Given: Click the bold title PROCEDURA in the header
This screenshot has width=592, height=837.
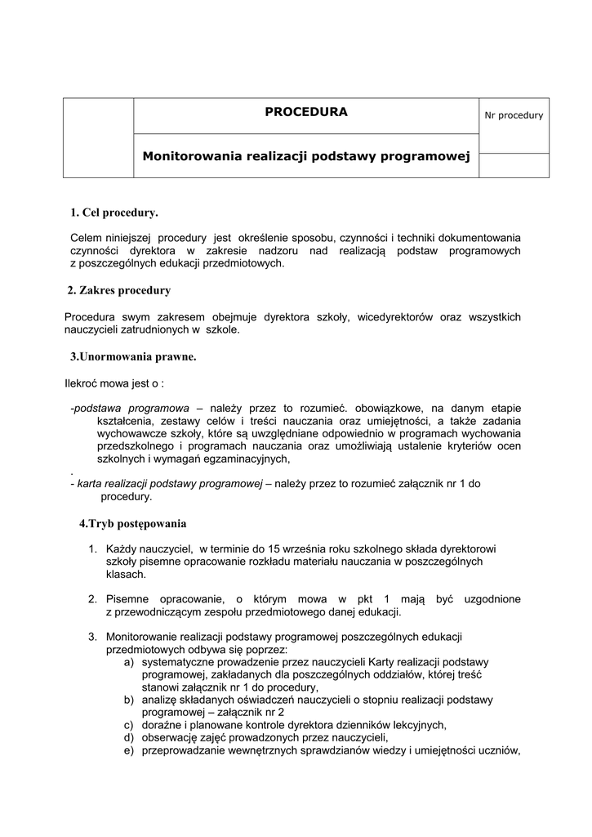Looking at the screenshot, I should click(x=306, y=112).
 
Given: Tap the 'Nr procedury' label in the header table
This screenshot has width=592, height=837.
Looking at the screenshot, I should click(x=514, y=116).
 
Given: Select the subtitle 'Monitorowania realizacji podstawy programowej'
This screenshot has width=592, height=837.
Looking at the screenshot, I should click(x=306, y=155).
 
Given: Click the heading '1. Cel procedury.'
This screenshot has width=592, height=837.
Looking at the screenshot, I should click(x=114, y=213).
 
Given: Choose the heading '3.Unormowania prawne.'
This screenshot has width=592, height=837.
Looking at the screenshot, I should click(x=133, y=356).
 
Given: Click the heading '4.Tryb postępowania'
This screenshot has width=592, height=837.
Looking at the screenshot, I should click(x=133, y=523).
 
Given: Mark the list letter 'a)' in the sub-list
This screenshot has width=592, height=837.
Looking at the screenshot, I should click(x=130, y=662).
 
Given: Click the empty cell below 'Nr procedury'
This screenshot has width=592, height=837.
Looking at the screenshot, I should click(x=514, y=164).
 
